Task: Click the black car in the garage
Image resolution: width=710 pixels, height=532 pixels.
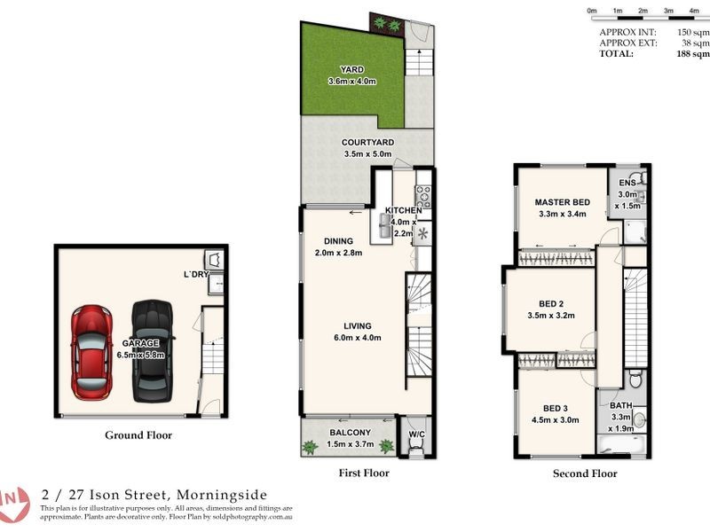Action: pyautogui.click(x=153, y=349)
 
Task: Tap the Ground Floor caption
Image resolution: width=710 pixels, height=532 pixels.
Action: pyautogui.click(x=138, y=435)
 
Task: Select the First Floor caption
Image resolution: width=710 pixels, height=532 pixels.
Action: pyautogui.click(x=364, y=473)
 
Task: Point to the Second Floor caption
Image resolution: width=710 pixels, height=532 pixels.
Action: pyautogui.click(x=584, y=473)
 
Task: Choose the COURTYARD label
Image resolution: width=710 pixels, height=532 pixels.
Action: pyautogui.click(x=367, y=142)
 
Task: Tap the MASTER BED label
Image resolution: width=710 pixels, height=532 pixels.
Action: pyautogui.click(x=563, y=201)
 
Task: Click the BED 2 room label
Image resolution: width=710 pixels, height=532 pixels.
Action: pyautogui.click(x=551, y=302)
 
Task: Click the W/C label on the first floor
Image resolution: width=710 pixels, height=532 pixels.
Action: pyautogui.click(x=415, y=434)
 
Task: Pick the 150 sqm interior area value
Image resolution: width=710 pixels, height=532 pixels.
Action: pyautogui.click(x=691, y=31)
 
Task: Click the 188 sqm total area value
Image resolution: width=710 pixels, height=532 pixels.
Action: pyautogui.click(x=691, y=53)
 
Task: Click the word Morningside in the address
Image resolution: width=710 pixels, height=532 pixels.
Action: pyautogui.click(x=222, y=495)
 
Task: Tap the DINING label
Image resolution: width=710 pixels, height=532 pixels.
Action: pyautogui.click(x=338, y=241)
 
